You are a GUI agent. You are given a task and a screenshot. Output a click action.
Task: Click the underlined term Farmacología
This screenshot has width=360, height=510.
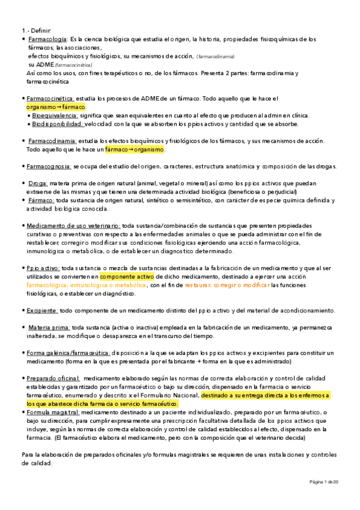pos(49,39)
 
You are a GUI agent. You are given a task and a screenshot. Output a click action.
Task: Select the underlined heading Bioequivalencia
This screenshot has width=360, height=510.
pos(54,115)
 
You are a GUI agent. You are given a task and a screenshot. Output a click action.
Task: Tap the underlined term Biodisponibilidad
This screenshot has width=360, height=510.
pos(57,124)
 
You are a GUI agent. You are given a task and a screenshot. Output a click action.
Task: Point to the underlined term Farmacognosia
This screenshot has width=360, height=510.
pos(49,166)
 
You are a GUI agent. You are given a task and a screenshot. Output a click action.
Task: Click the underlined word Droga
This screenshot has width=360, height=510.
pos(38,183)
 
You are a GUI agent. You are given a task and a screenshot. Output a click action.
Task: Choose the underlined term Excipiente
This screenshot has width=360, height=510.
pos(41,310)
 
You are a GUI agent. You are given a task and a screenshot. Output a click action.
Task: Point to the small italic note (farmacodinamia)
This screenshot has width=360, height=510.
pos(216,57)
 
